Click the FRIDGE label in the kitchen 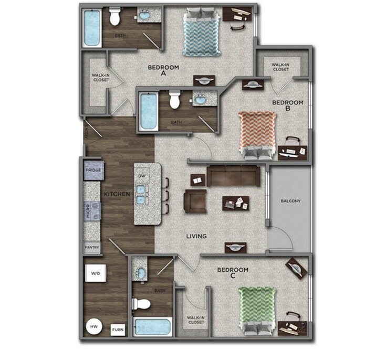coord(94,171)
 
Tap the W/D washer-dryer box coord(96,273)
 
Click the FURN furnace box coord(117,330)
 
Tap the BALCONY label coord(290,200)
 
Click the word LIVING coord(196,236)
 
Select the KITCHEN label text coord(117,194)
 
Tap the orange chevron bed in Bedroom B coord(257,133)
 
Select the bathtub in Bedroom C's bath coord(152,327)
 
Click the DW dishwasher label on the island coord(141,176)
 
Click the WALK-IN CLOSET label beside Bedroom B coord(280,67)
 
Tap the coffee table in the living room coord(235,202)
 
